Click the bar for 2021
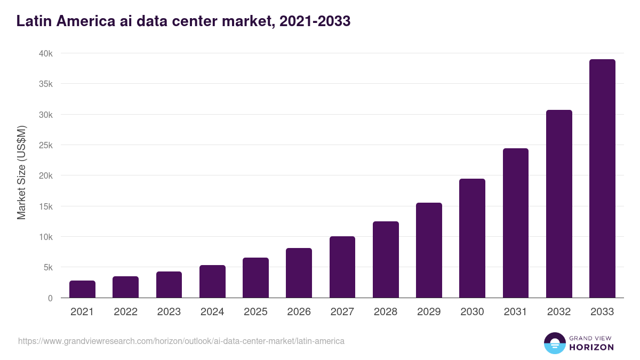[82, 289]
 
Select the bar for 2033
[602, 179]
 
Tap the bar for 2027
[342, 267]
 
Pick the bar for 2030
[472, 238]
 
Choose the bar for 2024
[212, 281]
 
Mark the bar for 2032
[559, 204]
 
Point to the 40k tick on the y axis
[46, 53]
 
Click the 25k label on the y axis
[46, 145]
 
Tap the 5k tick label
[47, 267]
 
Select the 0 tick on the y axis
[50, 298]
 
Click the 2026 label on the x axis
[299, 312]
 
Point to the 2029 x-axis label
[429, 312]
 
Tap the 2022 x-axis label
[125, 312]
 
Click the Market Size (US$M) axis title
[21, 172]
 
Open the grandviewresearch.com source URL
[181, 341]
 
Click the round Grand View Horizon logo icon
[554, 343]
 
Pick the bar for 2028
[386, 259]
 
